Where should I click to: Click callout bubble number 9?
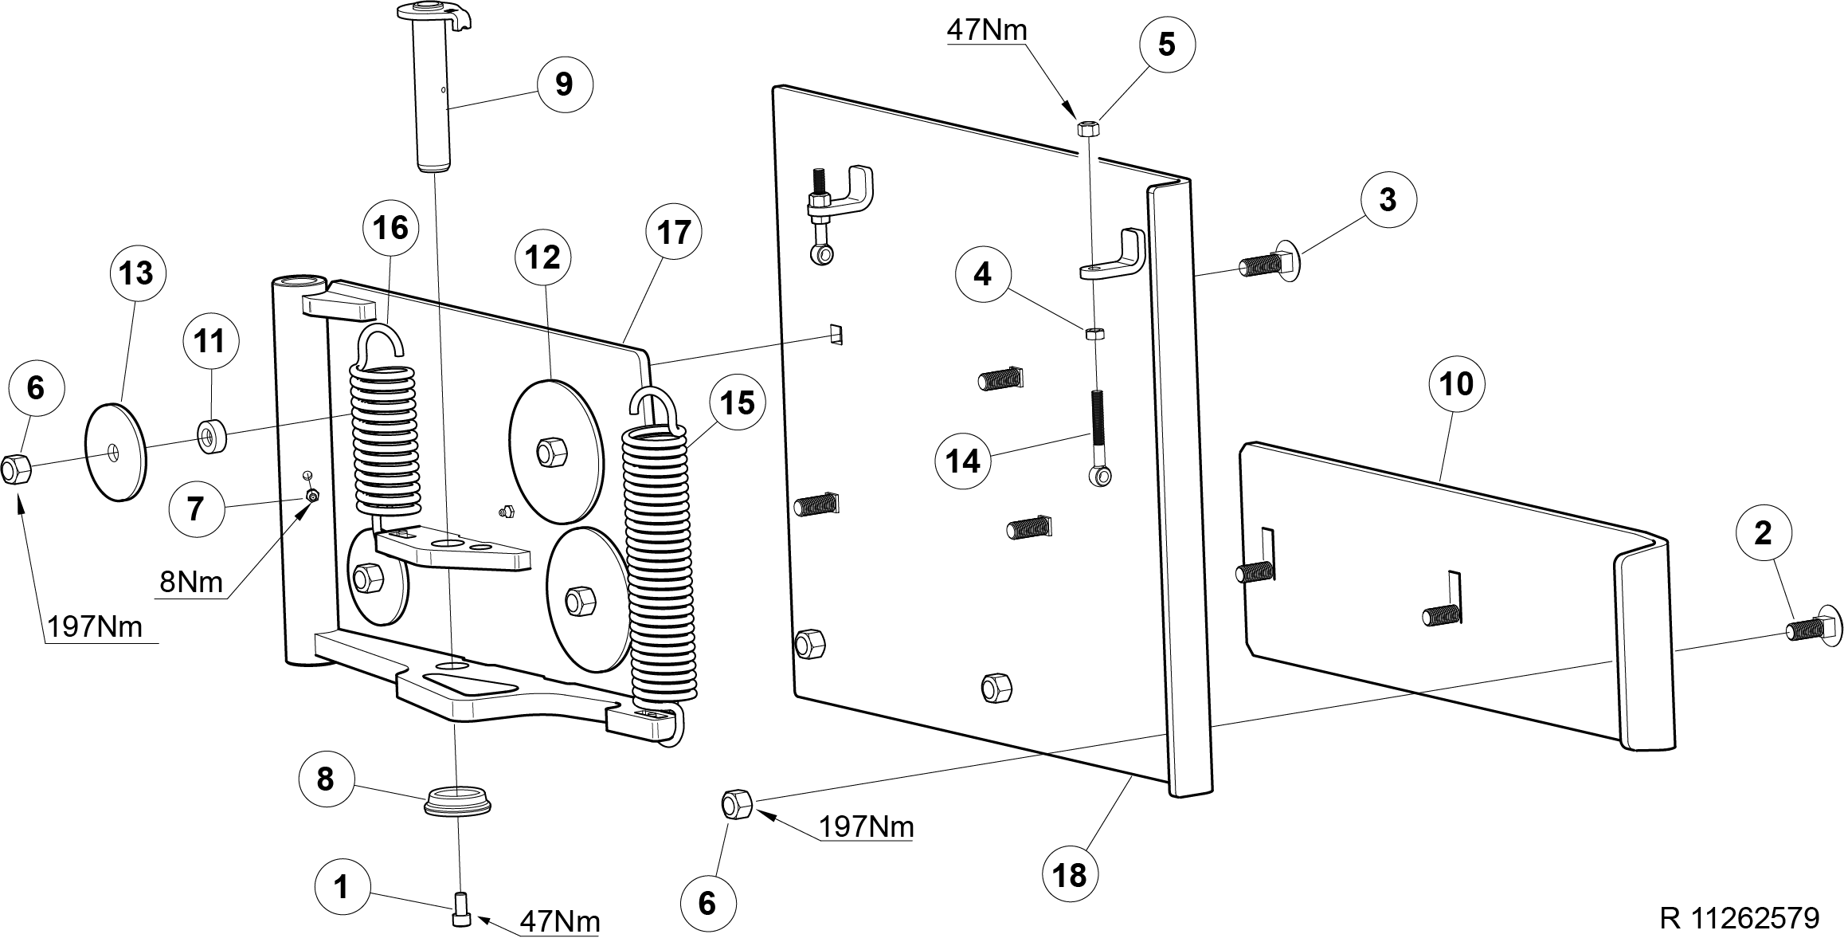click(564, 84)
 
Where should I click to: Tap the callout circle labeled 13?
click(136, 273)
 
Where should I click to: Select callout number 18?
click(1070, 875)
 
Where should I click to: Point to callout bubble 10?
click(1457, 385)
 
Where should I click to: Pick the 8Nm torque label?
click(191, 582)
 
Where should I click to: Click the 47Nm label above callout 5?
click(987, 29)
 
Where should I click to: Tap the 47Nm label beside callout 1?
click(559, 922)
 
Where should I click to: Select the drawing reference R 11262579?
click(1739, 918)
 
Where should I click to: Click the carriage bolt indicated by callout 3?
click(1270, 260)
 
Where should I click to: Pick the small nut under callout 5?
click(1088, 128)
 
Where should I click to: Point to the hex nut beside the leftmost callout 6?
click(15, 469)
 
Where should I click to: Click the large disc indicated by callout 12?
click(554, 452)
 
